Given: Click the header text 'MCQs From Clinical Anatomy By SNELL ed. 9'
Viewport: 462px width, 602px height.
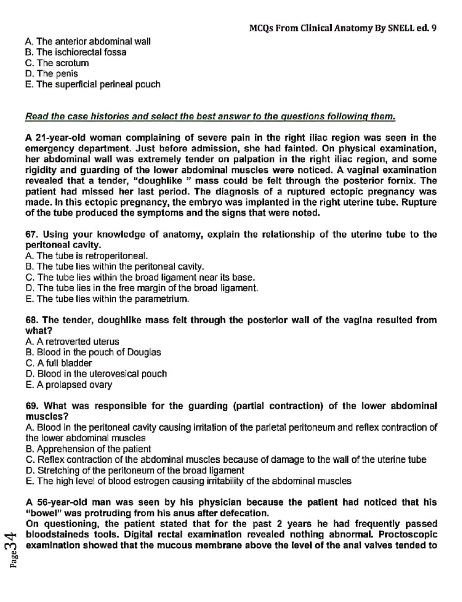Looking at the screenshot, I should click(343, 28).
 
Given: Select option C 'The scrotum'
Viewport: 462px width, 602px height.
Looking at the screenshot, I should click(57, 63).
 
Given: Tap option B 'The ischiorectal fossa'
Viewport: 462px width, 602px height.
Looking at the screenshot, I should click(76, 52).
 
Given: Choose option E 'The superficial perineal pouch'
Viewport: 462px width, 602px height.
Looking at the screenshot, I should click(93, 84).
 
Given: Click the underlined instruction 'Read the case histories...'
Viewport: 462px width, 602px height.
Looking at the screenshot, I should click(210, 116).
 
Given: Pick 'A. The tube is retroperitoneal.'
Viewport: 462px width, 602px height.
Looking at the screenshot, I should click(87, 256).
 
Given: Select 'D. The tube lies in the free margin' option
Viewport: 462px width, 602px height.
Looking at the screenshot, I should click(142, 288).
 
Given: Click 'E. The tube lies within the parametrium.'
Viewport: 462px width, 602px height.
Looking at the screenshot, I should click(107, 299).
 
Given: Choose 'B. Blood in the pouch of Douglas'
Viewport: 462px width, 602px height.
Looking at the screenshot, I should click(93, 352).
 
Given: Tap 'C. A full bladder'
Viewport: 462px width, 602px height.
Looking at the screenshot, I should click(59, 363).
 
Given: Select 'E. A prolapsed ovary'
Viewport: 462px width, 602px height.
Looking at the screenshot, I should click(69, 385).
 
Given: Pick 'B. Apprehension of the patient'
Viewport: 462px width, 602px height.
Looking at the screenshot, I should click(88, 449).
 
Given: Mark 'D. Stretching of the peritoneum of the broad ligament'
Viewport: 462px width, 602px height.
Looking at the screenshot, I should click(135, 470).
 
